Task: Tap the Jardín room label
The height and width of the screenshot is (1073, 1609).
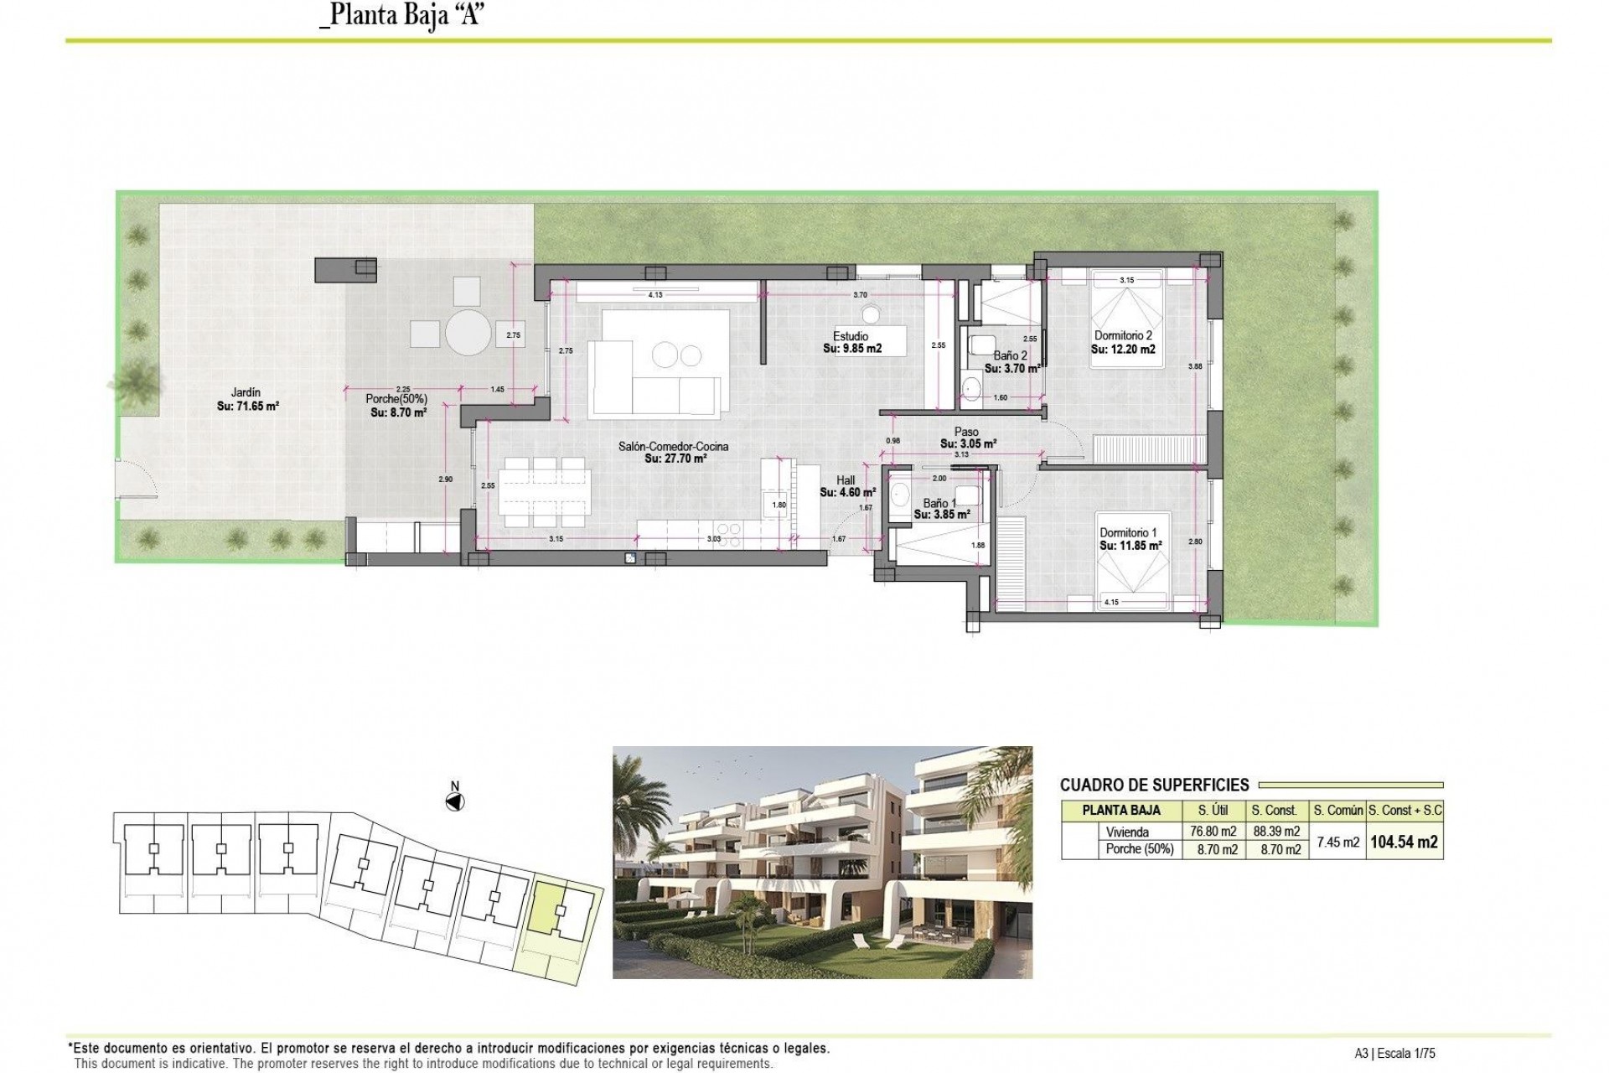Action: coord(246,391)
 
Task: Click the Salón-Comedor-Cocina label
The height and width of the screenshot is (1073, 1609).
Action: coord(673,446)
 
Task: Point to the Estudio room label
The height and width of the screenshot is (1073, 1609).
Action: coord(850,336)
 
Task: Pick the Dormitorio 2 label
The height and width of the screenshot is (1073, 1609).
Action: coord(1123,335)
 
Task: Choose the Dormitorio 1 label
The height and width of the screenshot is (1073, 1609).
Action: coord(1128,532)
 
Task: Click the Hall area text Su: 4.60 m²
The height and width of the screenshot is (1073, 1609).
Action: coord(847,493)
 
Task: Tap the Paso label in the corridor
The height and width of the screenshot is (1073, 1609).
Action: coord(966,432)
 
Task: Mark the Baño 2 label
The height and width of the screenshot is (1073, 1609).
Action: coord(1010,355)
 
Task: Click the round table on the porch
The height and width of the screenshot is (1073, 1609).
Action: coord(468,333)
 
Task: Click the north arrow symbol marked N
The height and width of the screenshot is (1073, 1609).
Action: coord(454,801)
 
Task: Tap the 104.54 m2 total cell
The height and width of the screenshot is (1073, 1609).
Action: coord(1404,842)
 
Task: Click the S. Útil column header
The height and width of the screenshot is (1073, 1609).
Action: coord(1213,810)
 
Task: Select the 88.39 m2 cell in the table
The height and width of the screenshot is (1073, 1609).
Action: coord(1275,832)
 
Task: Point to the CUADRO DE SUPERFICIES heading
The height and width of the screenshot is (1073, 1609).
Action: coord(1154,785)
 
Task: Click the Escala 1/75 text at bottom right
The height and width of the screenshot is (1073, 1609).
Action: coord(1411,1054)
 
